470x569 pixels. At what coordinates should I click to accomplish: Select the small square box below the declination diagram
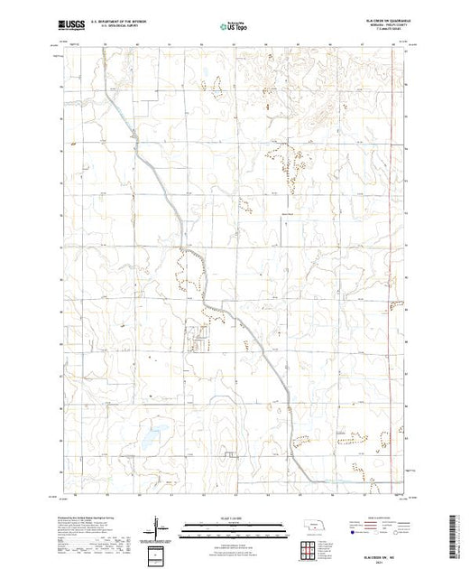[x=159, y=551]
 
